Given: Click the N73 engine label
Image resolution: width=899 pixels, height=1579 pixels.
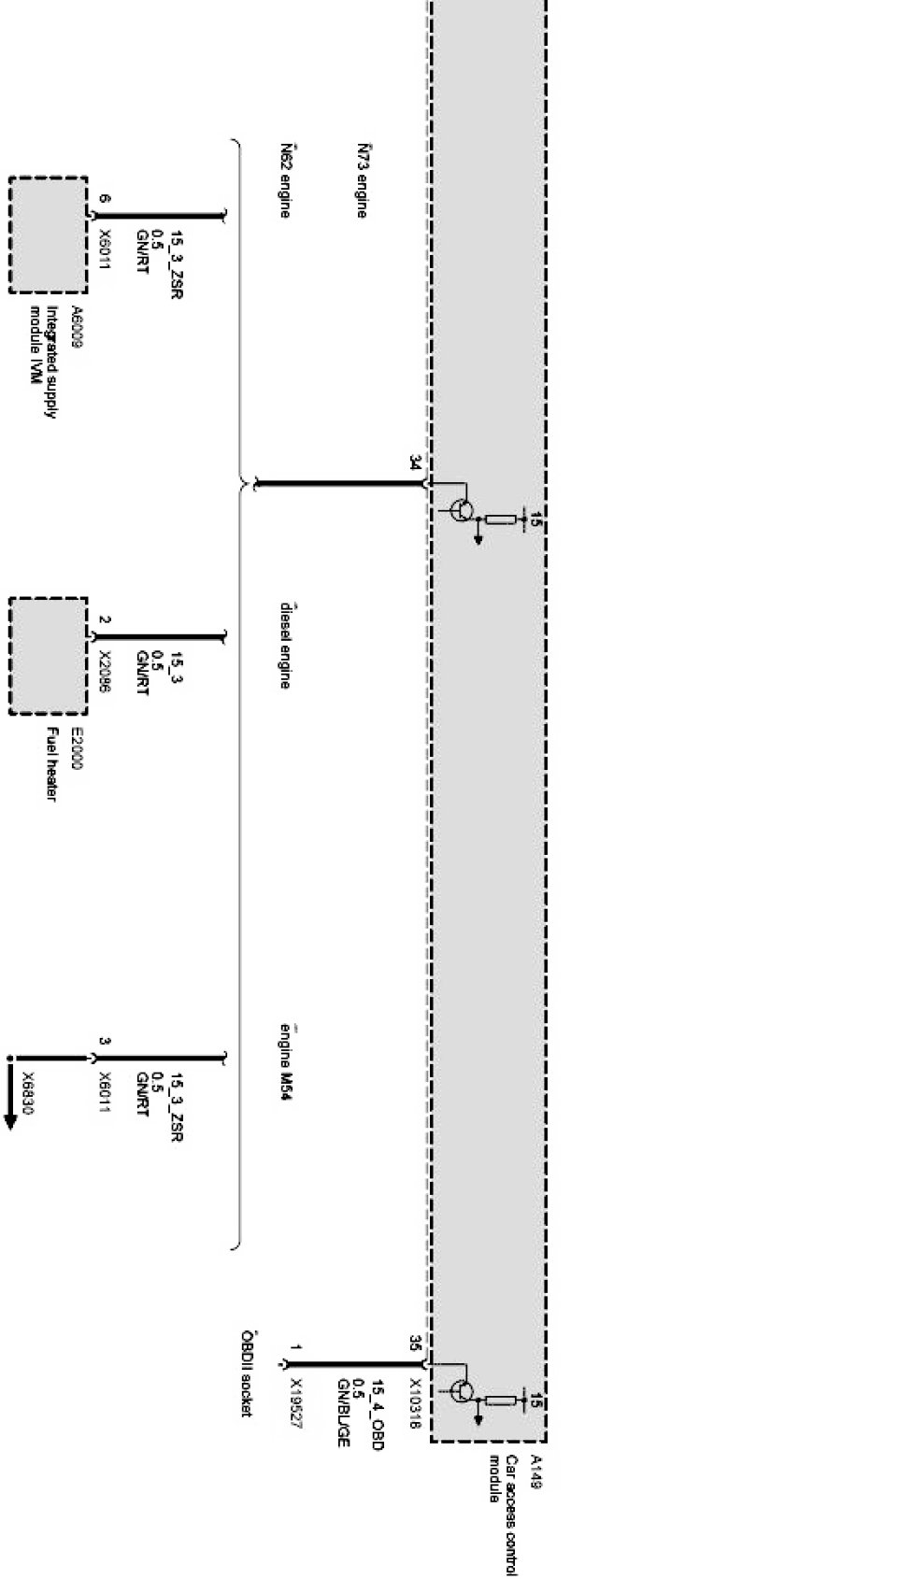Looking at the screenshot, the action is click(x=361, y=180).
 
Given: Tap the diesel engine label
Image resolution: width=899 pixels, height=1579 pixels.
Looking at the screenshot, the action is click(x=284, y=646).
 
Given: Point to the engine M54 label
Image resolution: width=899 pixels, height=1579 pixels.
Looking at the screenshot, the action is click(x=284, y=1062).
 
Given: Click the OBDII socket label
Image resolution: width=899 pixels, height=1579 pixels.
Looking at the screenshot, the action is click(x=247, y=1373).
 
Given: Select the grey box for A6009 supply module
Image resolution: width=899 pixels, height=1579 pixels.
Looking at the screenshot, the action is click(x=49, y=235).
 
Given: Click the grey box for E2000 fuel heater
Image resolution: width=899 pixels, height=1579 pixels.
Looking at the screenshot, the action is click(x=49, y=656).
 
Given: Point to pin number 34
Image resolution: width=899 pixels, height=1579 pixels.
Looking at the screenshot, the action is click(x=414, y=462).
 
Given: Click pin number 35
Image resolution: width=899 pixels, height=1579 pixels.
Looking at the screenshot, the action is click(x=414, y=1344).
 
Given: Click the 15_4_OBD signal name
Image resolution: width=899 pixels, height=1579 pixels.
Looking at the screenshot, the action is click(x=378, y=1415).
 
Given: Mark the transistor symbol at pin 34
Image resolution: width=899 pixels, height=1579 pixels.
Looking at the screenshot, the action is click(x=462, y=511).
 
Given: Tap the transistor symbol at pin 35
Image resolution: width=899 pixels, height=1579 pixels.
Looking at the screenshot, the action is click(x=462, y=1391).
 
